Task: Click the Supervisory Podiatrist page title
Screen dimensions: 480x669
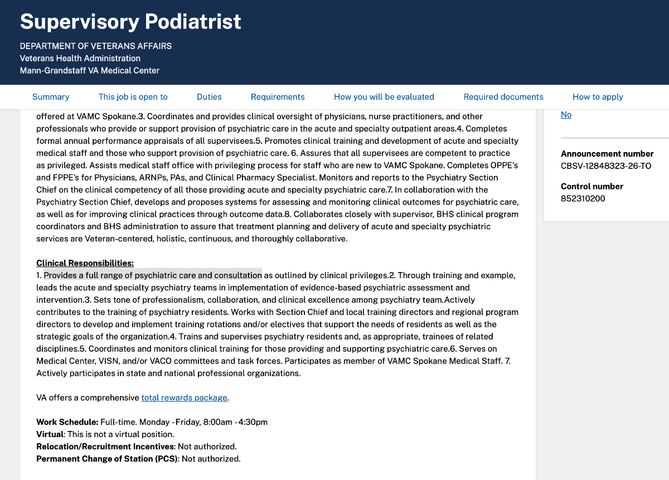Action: click(x=130, y=22)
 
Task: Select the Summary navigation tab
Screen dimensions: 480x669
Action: click(x=51, y=97)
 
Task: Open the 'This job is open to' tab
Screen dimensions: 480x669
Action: click(x=133, y=97)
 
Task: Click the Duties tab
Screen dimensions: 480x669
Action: click(x=209, y=97)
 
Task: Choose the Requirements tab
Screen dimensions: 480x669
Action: click(x=278, y=97)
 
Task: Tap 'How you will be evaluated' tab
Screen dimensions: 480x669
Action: click(x=384, y=97)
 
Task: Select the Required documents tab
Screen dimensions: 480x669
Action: click(x=503, y=97)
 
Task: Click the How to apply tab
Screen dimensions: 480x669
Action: click(x=598, y=97)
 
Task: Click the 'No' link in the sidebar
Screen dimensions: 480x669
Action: click(x=566, y=115)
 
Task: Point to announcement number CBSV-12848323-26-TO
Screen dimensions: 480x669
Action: click(x=605, y=166)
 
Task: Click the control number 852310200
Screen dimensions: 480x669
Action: click(x=583, y=198)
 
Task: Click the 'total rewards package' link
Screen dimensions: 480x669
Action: click(x=184, y=397)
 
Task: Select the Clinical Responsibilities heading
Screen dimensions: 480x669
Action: click(x=85, y=263)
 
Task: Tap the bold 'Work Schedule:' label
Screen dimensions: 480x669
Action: click(x=67, y=422)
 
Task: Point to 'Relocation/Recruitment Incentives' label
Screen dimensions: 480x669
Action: click(x=105, y=447)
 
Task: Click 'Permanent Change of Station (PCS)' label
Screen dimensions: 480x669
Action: click(x=107, y=459)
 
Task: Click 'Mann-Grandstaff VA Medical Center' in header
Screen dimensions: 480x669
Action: click(x=89, y=71)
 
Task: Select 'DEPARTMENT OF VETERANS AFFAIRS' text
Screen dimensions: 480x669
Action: click(x=95, y=46)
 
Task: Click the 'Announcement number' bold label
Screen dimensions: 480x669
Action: click(x=607, y=154)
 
